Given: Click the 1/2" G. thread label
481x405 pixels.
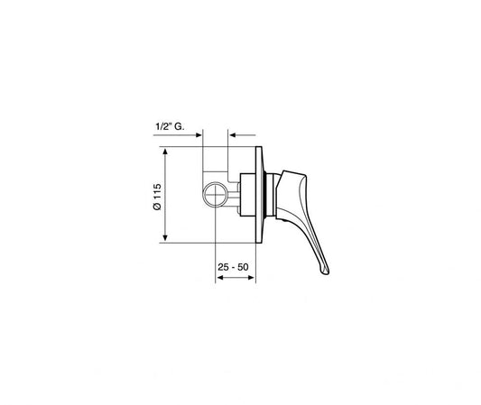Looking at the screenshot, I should coord(164,129).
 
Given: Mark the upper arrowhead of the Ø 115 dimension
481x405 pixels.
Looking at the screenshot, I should coord(166,150).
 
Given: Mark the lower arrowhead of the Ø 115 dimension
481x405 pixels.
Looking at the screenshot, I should coord(166,240).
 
